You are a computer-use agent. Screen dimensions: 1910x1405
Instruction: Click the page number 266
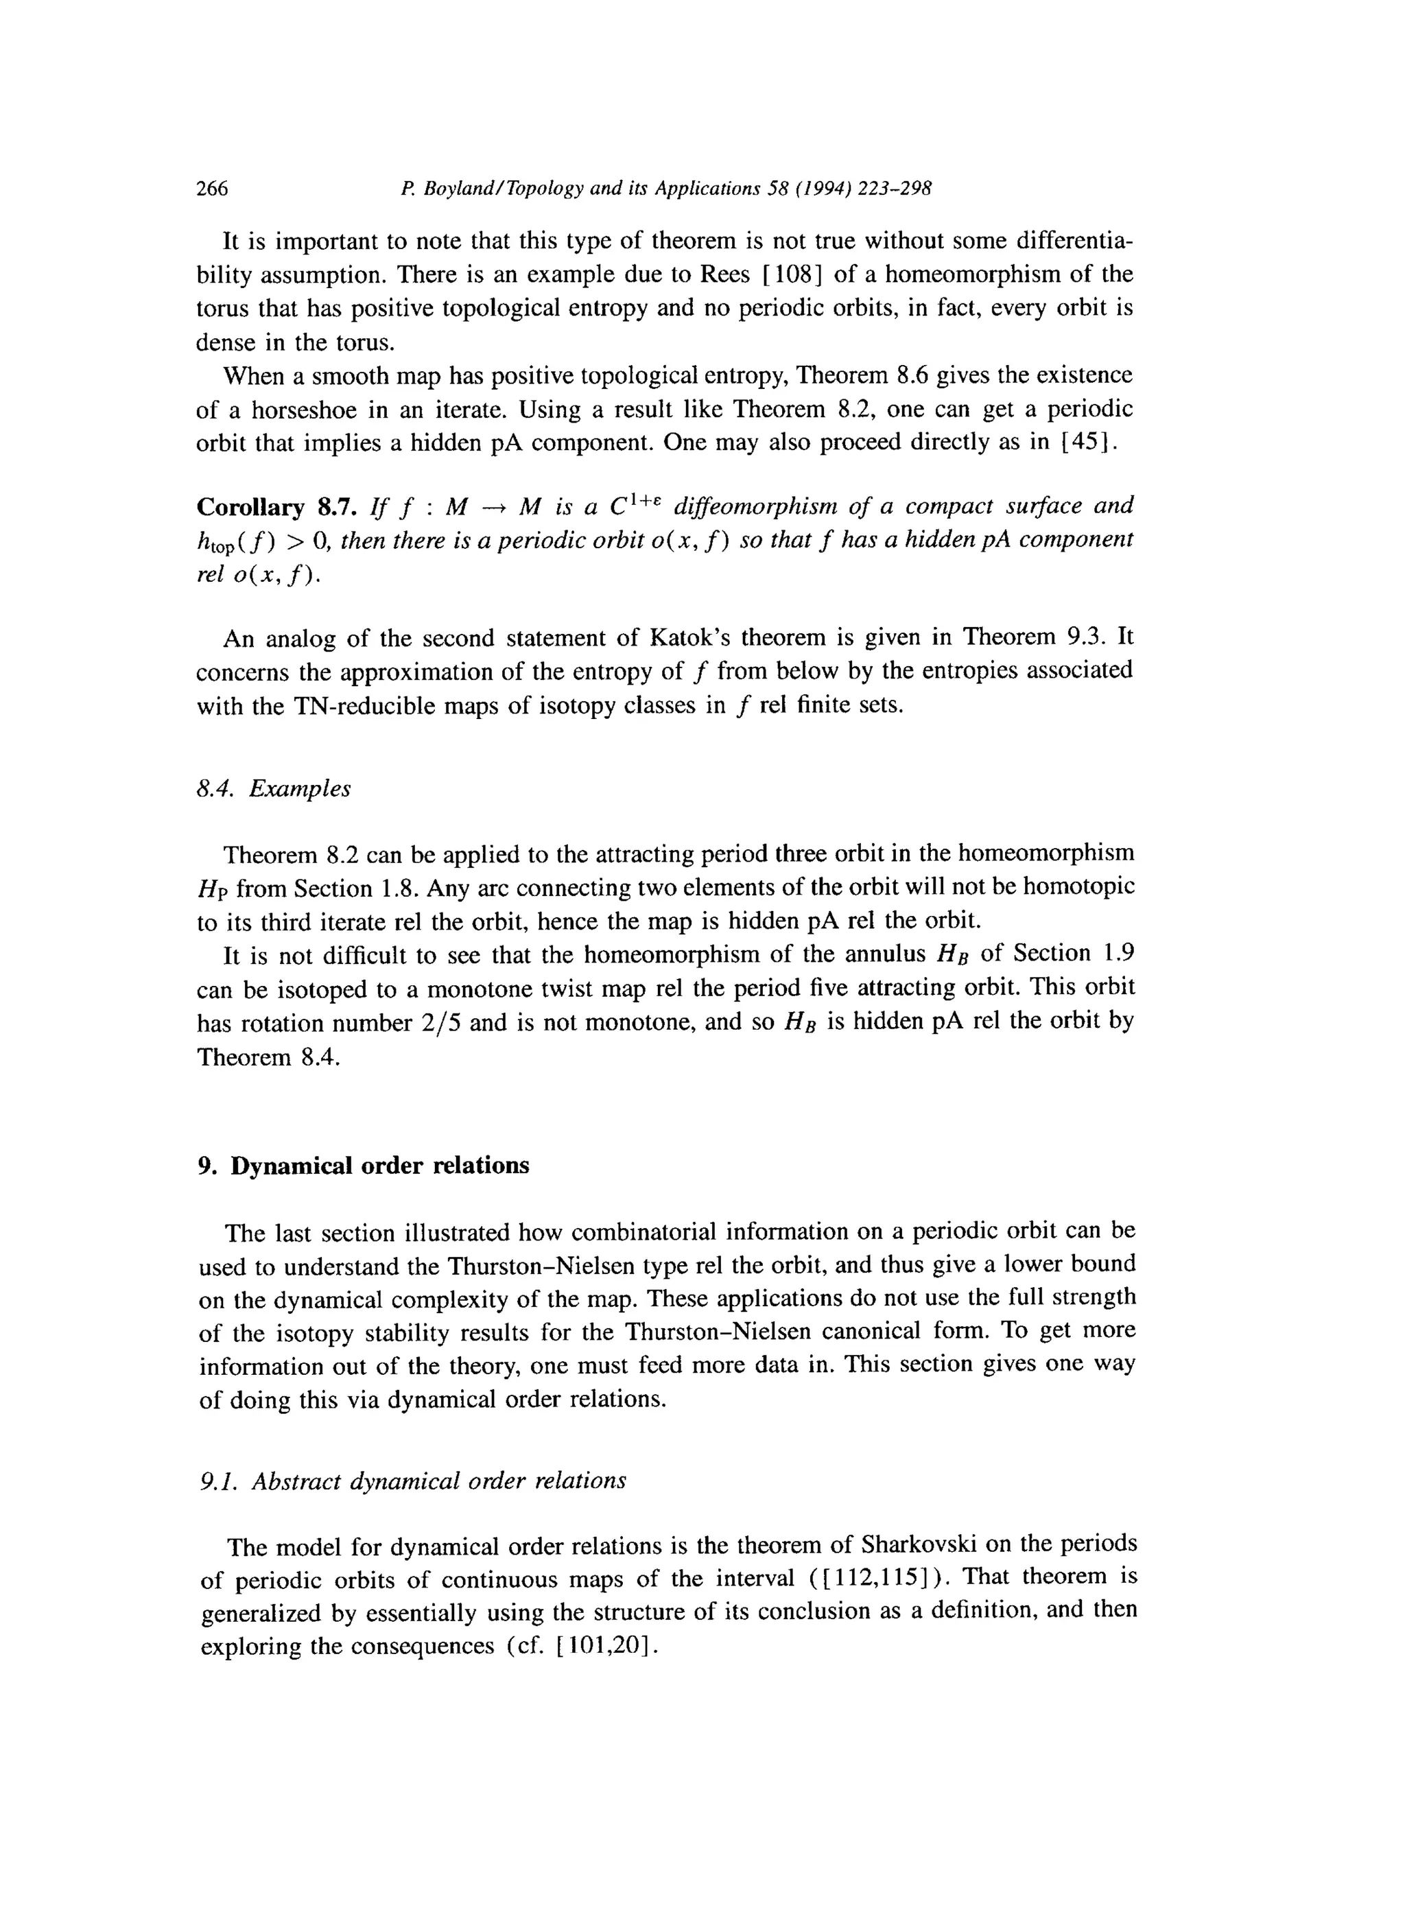(213, 189)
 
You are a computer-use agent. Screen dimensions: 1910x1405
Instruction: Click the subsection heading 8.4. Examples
(273, 789)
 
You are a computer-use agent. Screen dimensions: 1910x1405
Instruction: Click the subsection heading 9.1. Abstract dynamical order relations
(413, 1481)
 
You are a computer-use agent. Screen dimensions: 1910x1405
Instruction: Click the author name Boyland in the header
(461, 189)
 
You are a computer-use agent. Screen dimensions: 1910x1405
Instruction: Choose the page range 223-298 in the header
(894, 189)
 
